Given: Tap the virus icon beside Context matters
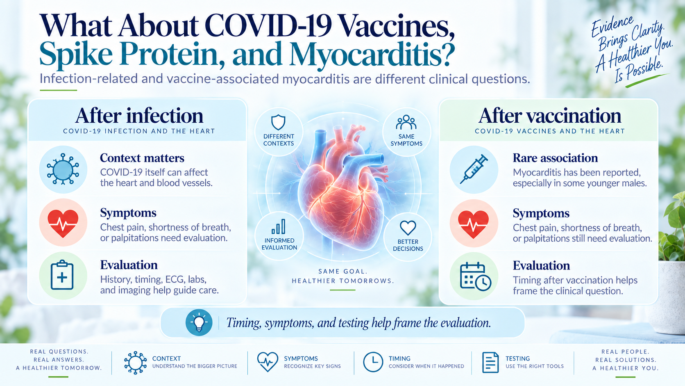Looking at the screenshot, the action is [x=63, y=169].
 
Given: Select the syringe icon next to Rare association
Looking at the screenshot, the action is [x=474, y=169].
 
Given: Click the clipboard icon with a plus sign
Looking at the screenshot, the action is [x=62, y=275].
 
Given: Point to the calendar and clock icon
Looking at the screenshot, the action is [x=476, y=276].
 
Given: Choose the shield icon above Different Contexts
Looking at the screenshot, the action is [x=278, y=122].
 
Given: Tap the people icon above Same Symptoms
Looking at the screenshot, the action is [x=406, y=122].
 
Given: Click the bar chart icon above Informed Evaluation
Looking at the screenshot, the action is [x=279, y=227].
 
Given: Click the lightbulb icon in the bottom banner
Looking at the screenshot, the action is [x=199, y=322].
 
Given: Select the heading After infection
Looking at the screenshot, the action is [x=139, y=116].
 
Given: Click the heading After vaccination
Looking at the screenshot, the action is [x=549, y=116].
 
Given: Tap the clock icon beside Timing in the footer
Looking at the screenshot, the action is [x=373, y=362].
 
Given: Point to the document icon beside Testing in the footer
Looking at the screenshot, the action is [x=490, y=363].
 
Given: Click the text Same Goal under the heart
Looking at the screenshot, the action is [x=343, y=271].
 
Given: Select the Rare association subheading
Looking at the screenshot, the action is [x=555, y=158].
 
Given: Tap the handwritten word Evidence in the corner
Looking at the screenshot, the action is [x=612, y=26].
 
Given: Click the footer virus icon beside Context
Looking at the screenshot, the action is [x=135, y=363].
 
